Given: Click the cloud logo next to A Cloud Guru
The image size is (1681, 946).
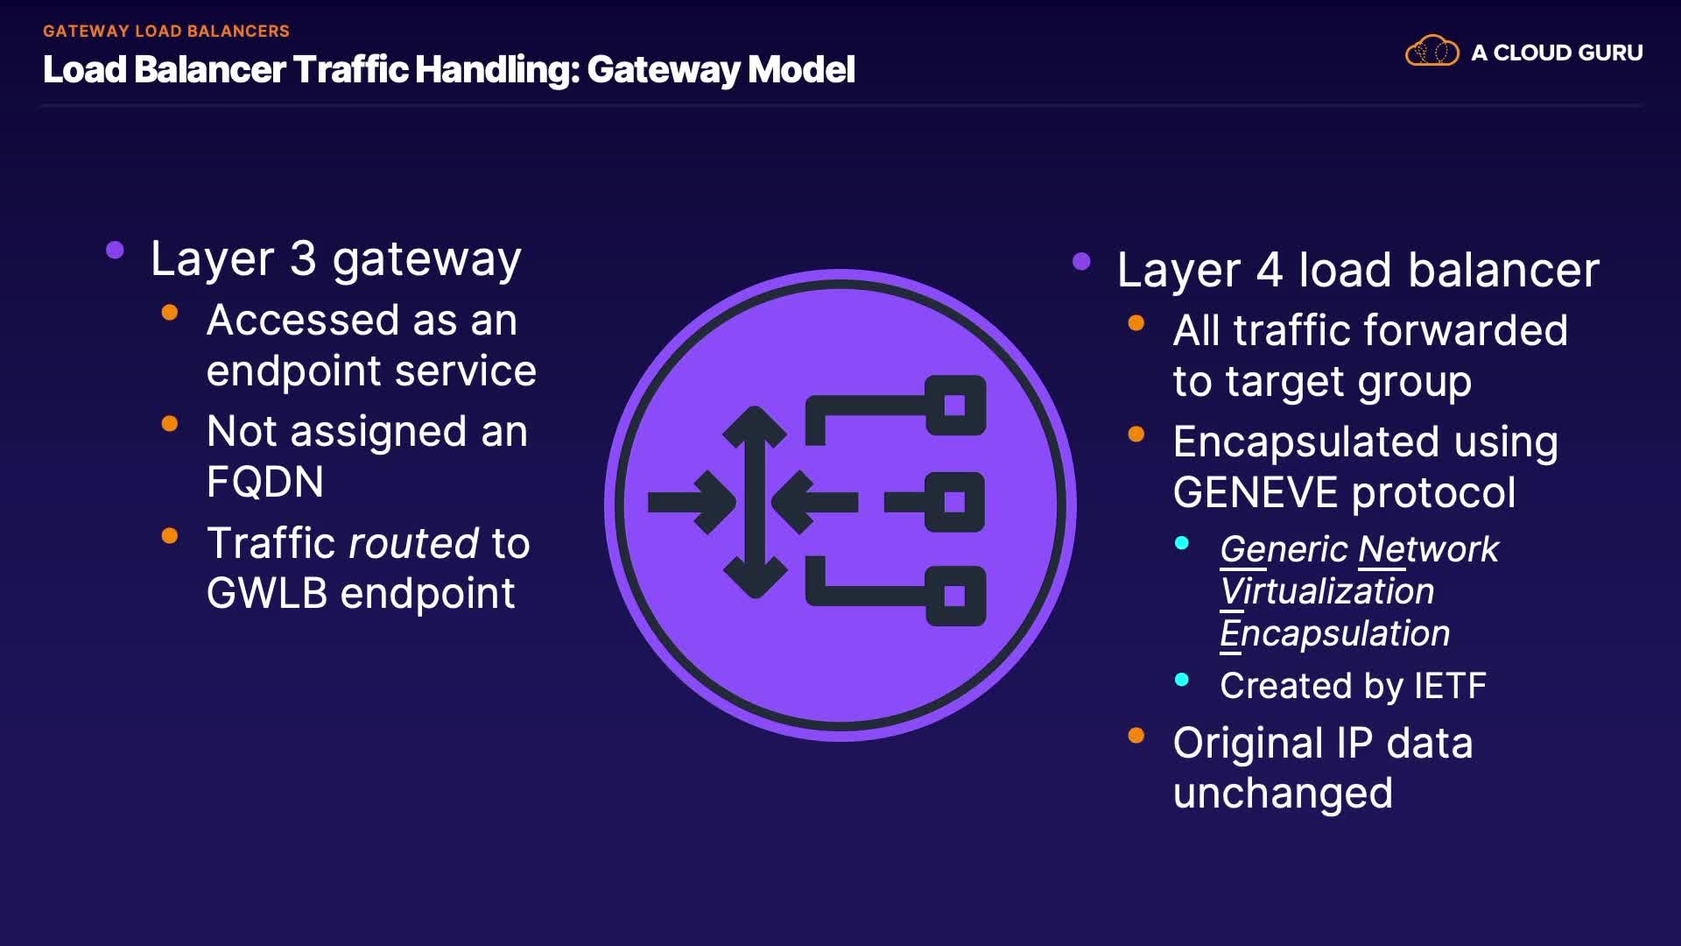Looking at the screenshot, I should (x=1431, y=52).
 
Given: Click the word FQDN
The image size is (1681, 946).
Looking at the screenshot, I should (x=265, y=482).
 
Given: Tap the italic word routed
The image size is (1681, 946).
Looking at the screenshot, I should (x=413, y=544).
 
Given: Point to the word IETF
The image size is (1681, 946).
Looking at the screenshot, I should (x=1450, y=686).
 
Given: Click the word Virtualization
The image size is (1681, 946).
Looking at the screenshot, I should (x=1327, y=591).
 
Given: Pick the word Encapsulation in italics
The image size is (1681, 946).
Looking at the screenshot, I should (x=1335, y=633).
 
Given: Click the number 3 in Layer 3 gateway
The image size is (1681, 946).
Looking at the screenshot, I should (x=303, y=259).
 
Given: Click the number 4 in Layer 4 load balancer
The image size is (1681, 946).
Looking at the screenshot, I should (x=1270, y=270).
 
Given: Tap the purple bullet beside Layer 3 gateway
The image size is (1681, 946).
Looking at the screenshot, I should (x=115, y=251).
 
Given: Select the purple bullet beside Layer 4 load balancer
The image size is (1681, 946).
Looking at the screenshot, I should (x=1081, y=261).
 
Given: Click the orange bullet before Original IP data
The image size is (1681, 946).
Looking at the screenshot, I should (x=1136, y=736).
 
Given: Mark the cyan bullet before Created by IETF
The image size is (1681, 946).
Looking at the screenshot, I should (x=1182, y=680).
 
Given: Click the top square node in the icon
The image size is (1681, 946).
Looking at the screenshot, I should (x=955, y=406).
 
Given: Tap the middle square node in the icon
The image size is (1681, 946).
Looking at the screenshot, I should (x=955, y=502).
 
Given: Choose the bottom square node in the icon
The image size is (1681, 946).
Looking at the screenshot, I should (x=955, y=597).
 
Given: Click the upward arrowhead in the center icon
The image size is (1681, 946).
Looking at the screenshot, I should (x=755, y=425).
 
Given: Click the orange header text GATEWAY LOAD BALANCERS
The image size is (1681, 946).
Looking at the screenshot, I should (x=166, y=32).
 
